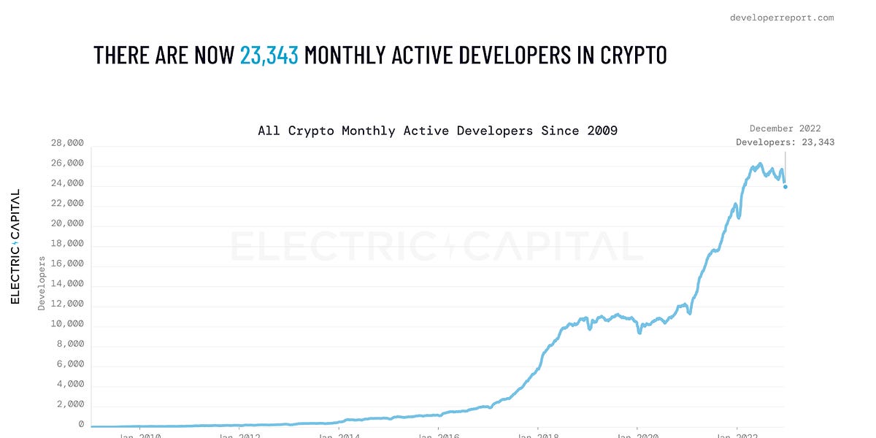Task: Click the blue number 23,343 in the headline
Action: [x=269, y=55]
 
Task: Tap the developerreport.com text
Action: [x=782, y=18]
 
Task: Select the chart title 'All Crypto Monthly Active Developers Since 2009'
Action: [x=437, y=131]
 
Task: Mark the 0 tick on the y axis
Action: [x=81, y=424]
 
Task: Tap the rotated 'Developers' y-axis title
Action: [x=42, y=283]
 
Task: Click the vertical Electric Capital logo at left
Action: [x=15, y=247]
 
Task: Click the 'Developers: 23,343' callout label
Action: [x=785, y=142]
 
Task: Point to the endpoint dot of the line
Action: [x=785, y=187]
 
